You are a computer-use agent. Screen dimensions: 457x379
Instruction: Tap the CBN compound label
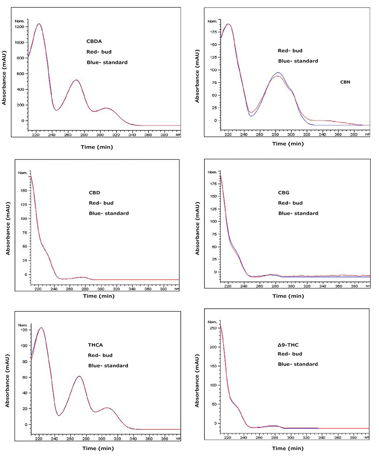[x=346, y=82]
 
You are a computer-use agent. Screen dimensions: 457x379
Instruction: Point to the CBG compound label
[x=284, y=192]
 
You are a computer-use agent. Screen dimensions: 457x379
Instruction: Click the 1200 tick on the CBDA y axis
[x=20, y=27]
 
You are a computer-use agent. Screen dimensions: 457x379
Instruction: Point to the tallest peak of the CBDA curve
[x=39, y=24]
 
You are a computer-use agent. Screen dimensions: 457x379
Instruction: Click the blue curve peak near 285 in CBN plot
[x=278, y=73]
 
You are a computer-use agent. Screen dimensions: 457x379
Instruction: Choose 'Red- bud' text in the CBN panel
[x=290, y=51]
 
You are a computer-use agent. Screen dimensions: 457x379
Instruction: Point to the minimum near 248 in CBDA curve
[x=56, y=110]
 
